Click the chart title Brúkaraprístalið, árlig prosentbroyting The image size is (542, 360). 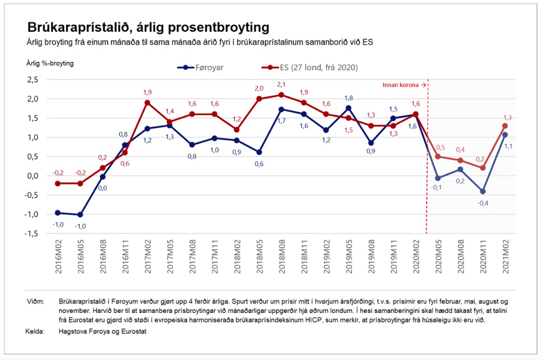tap(148, 27)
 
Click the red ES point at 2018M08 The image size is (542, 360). tap(281, 95)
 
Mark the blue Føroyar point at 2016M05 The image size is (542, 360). tap(80, 215)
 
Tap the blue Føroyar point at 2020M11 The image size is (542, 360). tap(483, 191)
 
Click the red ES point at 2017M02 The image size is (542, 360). tap(148, 102)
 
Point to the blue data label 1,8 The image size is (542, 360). tap(348, 98)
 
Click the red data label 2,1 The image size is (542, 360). tap(281, 84)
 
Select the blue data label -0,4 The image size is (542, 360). tap(483, 203)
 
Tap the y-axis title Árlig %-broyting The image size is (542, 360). tap(51, 63)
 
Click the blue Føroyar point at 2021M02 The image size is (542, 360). tap(505, 135)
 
